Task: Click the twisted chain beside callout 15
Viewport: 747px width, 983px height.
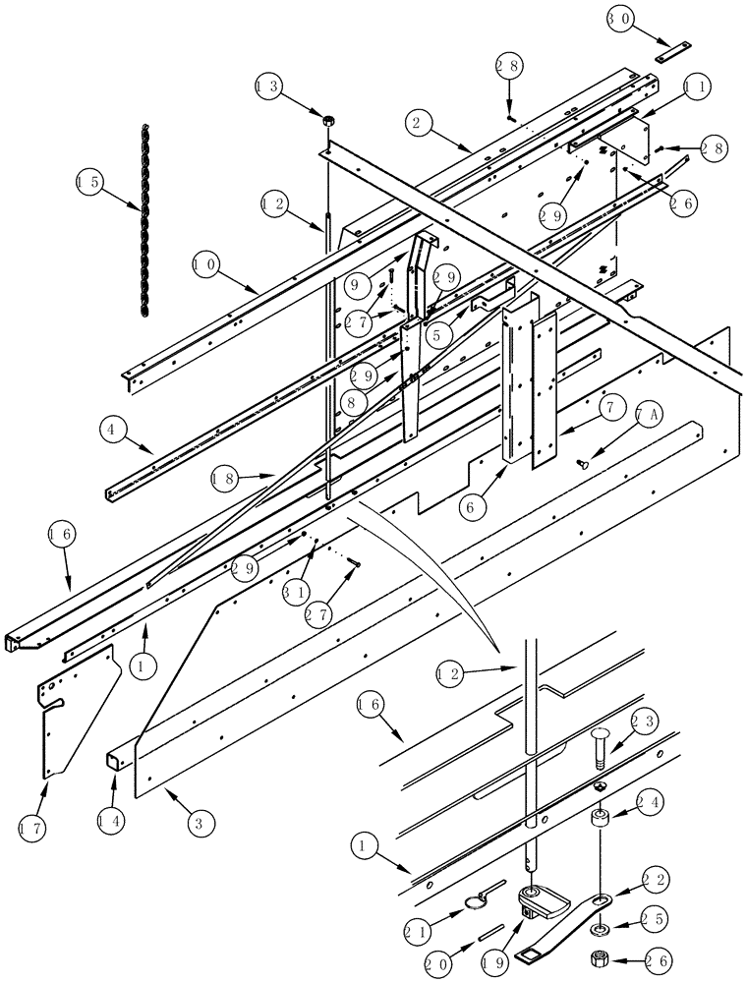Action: point(144,221)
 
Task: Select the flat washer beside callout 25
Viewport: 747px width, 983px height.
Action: point(598,927)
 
